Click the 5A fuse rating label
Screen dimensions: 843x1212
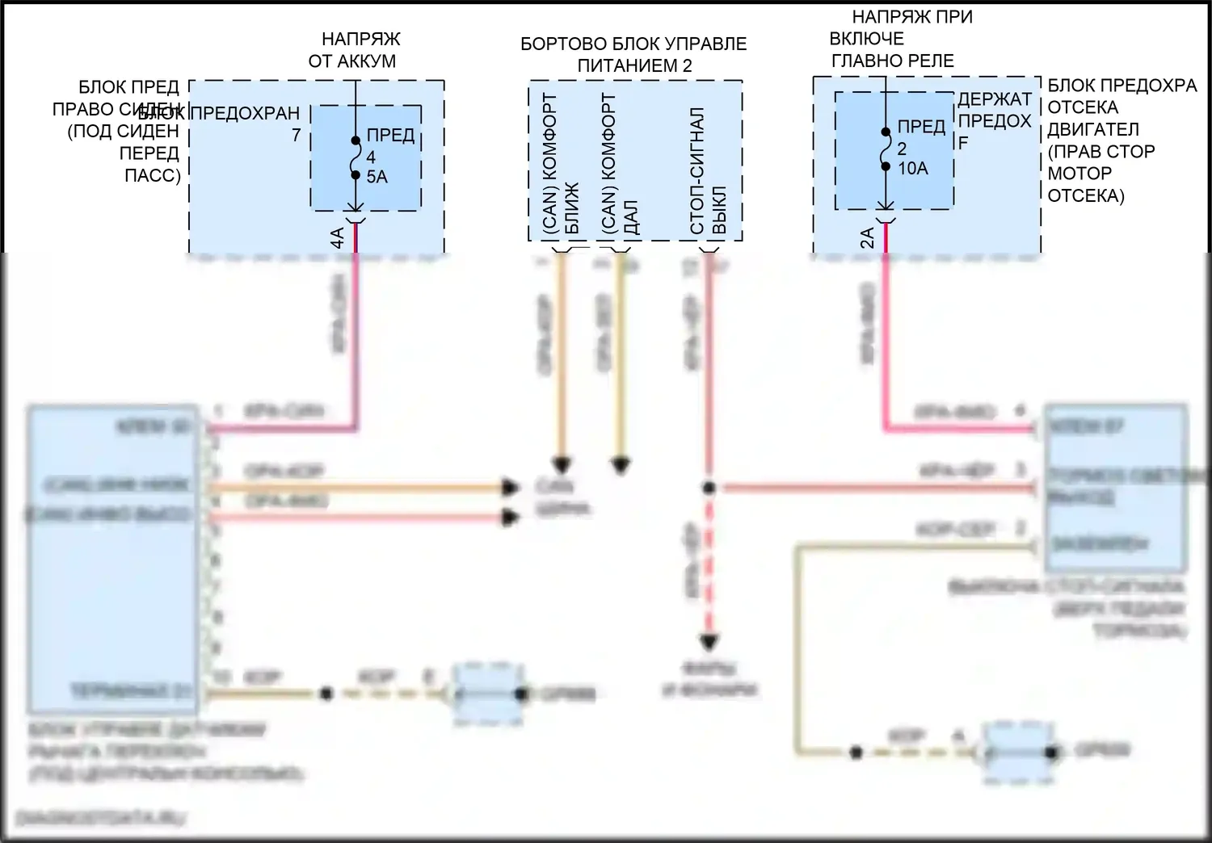click(x=377, y=177)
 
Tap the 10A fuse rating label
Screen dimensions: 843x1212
click(x=912, y=169)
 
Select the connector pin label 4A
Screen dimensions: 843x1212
click(x=337, y=237)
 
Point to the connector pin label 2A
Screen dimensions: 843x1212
click(x=867, y=237)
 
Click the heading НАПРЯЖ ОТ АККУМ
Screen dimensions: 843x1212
click(x=352, y=50)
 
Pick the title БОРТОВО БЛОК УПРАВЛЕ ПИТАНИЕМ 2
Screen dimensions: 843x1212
click(x=633, y=55)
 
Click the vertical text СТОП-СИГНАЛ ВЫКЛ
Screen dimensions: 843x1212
click(x=709, y=171)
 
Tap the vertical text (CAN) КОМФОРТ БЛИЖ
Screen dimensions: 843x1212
click(x=561, y=166)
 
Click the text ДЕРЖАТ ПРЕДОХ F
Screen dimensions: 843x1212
click(x=994, y=120)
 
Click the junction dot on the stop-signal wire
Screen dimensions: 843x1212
click(x=709, y=488)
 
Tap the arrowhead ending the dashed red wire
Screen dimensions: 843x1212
click(x=709, y=643)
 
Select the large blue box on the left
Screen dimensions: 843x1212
click(x=113, y=559)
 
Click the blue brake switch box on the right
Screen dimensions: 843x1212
click(x=1116, y=489)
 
